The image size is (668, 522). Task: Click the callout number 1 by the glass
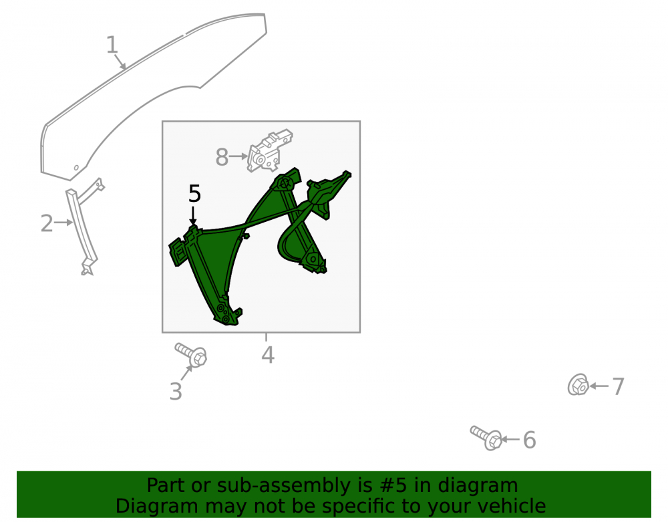point(112,45)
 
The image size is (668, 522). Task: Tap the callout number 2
point(47,224)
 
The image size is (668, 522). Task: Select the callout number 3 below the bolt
point(176,392)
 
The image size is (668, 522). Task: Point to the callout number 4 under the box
point(268,355)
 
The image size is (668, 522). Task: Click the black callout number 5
point(194,194)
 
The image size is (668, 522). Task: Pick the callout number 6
point(530,440)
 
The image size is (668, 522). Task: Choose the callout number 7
point(618,386)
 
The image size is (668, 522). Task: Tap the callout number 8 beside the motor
point(222,157)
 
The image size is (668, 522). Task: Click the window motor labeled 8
point(270,150)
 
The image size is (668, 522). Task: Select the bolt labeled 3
point(191,354)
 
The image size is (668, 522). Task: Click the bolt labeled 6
point(486,438)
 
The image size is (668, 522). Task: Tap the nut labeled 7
point(578,385)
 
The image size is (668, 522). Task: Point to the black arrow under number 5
point(193,216)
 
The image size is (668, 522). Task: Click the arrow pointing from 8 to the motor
point(239,157)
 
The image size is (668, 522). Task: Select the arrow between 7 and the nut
point(599,386)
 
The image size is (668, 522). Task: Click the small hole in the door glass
point(76,168)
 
